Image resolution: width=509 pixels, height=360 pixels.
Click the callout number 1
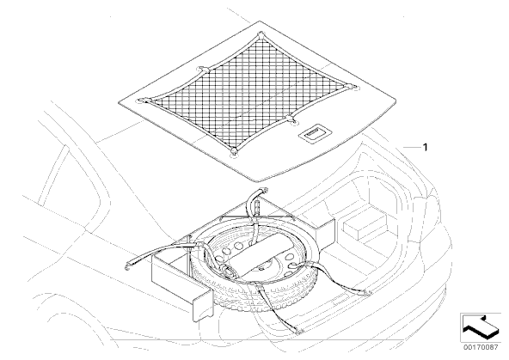coord(425,147)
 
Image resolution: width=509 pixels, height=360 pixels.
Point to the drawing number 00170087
coord(480,347)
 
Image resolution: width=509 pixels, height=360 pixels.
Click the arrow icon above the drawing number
coord(481,327)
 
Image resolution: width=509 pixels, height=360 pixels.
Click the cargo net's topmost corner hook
coord(261,34)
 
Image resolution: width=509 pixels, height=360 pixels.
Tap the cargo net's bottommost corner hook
coord(233,151)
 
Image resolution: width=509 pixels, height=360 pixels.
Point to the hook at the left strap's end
coord(127,266)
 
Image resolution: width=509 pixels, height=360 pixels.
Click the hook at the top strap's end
coord(265,190)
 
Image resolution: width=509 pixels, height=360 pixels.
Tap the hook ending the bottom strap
coord(299,331)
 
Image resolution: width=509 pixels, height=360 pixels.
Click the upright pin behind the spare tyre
coord(257,208)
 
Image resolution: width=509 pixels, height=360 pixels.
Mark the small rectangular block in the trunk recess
coord(365,226)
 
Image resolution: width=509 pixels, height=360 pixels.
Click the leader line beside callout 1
coord(412,147)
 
